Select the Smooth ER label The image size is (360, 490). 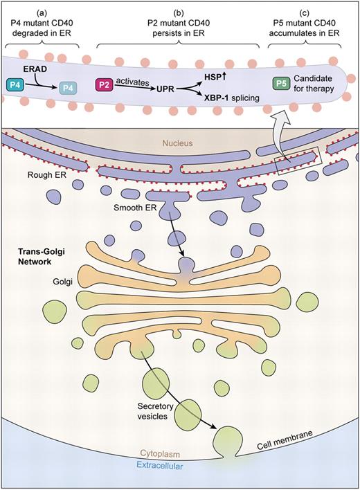click(x=134, y=208)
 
